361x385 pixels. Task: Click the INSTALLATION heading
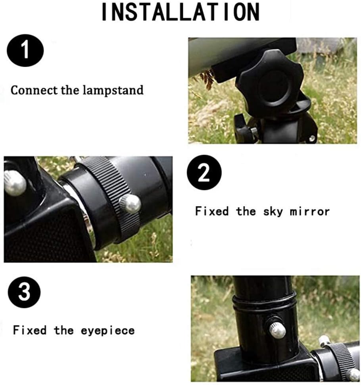pyautogui.click(x=180, y=12)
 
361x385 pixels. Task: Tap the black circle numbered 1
pyautogui.click(x=25, y=50)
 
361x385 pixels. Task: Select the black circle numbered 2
pyautogui.click(x=204, y=172)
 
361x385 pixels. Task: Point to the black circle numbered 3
pyautogui.click(x=24, y=292)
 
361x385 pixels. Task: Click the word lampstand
pyautogui.click(x=113, y=90)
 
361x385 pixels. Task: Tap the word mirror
pyautogui.click(x=309, y=212)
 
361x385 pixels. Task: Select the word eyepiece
pyautogui.click(x=108, y=331)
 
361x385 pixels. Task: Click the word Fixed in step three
pyautogui.click(x=30, y=330)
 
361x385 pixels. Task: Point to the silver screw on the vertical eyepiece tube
pyautogui.click(x=278, y=330)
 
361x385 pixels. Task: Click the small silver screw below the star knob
pyautogui.click(x=312, y=138)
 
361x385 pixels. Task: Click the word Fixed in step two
pyautogui.click(x=212, y=211)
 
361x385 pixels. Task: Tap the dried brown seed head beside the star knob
pyautogui.click(x=207, y=79)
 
